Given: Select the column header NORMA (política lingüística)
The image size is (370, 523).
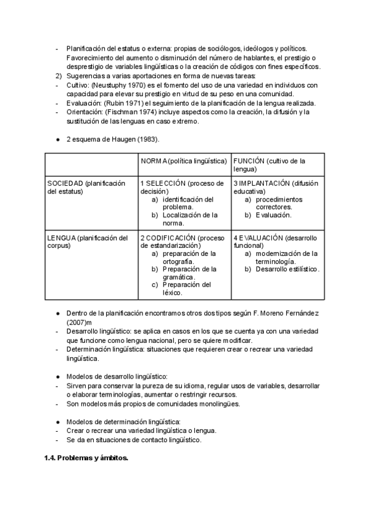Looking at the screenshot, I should [184, 161].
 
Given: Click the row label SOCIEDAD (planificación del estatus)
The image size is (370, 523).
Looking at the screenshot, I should [86, 187].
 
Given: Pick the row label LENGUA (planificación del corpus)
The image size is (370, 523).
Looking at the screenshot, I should [87, 241].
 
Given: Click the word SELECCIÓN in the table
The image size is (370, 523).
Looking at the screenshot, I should [165, 184].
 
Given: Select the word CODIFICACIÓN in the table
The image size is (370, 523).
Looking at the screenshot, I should [173, 237].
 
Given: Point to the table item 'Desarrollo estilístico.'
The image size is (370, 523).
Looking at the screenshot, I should [288, 270].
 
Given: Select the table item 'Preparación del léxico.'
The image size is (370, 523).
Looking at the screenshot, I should [186, 289].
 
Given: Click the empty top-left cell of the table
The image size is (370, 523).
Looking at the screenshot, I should [91, 165].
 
